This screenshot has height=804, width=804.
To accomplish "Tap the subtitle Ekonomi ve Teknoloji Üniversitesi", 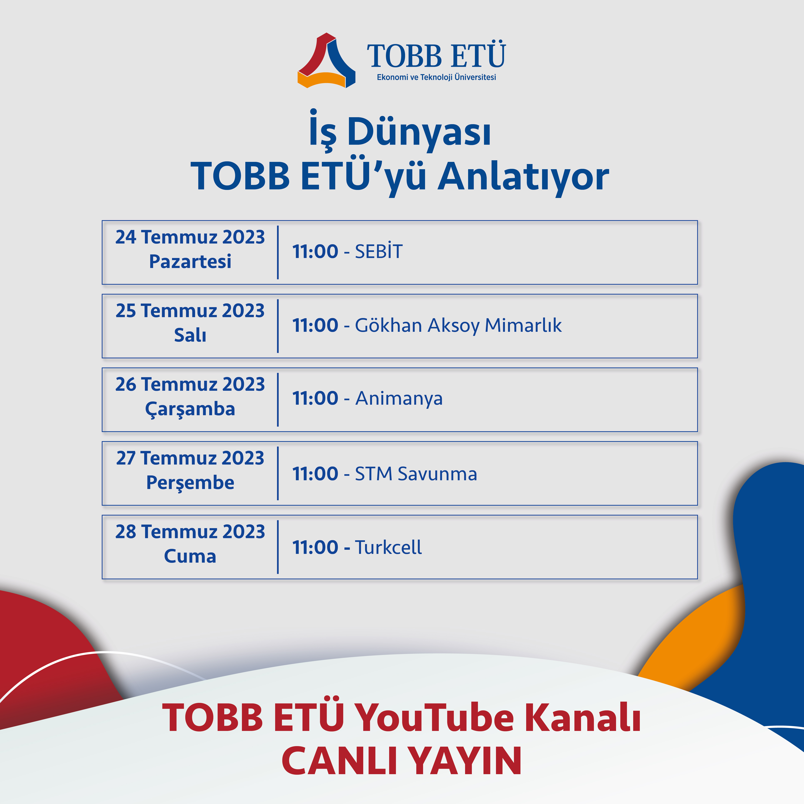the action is [436, 77].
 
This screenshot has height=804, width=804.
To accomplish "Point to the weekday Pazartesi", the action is [190, 261].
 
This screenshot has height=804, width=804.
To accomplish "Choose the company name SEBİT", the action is [379, 251].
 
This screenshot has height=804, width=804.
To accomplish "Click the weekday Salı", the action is [190, 335].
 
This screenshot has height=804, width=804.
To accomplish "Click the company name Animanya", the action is [399, 398].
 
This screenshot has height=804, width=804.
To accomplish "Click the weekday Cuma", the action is [190, 556].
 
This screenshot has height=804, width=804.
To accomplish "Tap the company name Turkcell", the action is [388, 547].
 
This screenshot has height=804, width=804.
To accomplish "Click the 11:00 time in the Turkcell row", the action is [315, 547].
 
